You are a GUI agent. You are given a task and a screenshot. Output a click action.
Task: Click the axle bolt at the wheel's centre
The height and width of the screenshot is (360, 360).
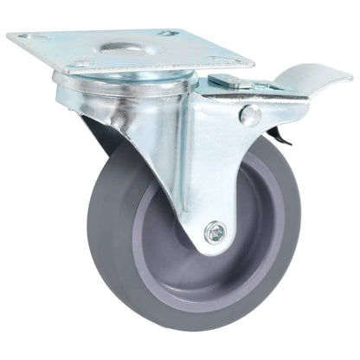click(215, 231)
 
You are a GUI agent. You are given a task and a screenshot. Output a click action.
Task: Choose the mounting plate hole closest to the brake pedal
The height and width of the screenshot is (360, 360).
click(226, 61)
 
